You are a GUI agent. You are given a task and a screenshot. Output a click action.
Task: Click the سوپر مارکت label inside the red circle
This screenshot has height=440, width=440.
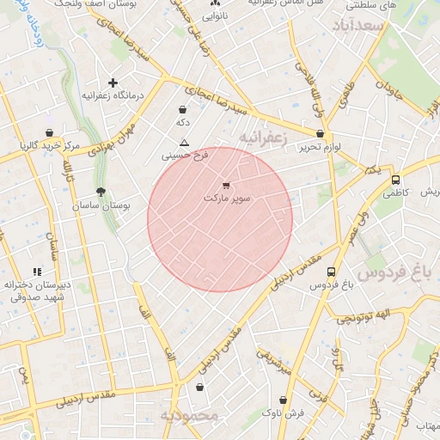(227, 199)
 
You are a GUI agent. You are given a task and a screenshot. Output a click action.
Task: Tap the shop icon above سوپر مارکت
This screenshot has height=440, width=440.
(226, 185)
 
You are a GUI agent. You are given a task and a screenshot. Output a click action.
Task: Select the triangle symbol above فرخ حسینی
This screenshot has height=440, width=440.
(183, 143)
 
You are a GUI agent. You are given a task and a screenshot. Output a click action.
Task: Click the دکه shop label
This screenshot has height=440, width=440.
(182, 123)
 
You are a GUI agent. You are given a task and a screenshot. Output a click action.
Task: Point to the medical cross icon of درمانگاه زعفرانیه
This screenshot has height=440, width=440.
(113, 82)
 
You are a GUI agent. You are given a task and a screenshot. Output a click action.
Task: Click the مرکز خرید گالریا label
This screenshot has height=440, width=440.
(52, 146)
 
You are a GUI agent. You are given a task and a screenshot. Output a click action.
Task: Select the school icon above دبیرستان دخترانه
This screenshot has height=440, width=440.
(36, 272)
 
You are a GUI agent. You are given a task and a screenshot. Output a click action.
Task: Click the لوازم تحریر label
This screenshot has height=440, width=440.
(320, 148)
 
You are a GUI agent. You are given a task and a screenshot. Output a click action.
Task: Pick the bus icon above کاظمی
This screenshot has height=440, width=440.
(395, 180)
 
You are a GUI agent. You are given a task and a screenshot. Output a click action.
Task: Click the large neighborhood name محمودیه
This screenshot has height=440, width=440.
(191, 416)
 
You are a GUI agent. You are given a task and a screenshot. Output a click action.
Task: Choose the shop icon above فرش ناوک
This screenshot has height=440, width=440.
(284, 400)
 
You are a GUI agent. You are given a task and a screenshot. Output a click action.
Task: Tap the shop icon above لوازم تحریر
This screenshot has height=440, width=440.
(321, 134)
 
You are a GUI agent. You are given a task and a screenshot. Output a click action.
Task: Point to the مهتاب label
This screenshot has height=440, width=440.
(426, 425)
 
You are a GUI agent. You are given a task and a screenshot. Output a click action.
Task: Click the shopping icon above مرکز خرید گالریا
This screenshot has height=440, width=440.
(52, 132)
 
